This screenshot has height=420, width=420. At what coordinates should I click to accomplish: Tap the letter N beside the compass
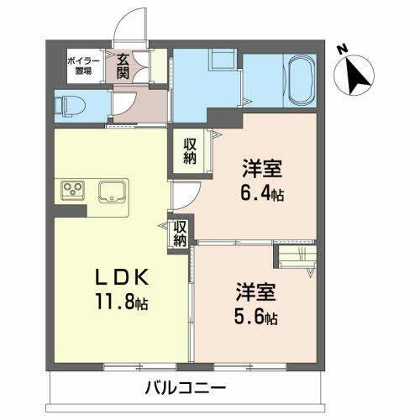point(343,49)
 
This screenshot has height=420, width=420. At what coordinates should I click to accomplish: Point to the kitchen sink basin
point(112,192)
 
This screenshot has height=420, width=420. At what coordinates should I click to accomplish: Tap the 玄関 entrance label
point(123,66)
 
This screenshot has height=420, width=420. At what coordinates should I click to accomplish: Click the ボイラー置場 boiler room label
point(81,66)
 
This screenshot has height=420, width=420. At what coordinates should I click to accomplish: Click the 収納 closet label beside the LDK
point(180,233)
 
